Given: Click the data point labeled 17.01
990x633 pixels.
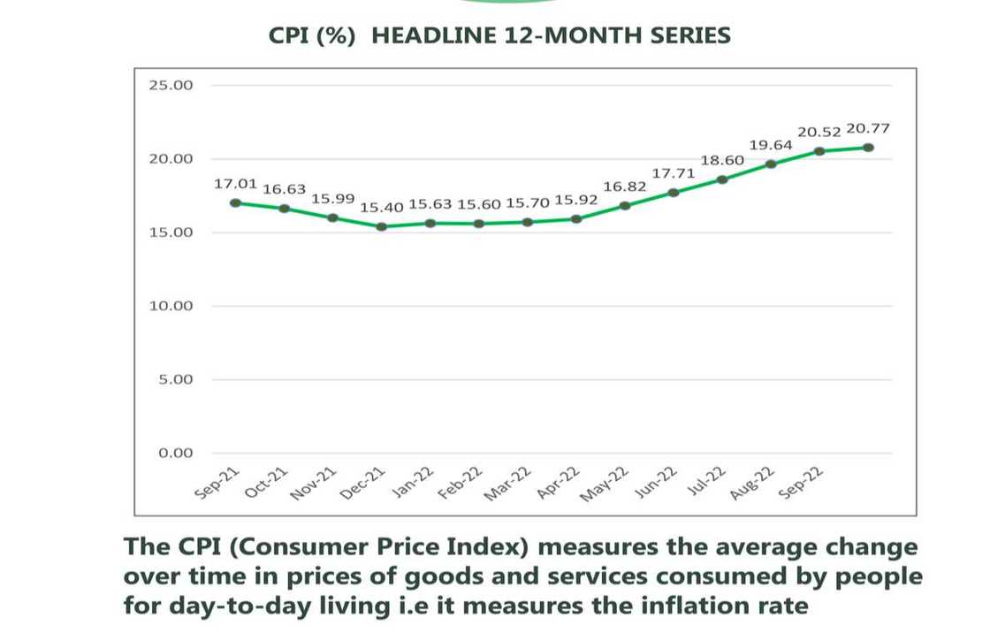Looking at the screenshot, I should click(x=236, y=202).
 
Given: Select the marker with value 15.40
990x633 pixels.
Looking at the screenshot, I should click(x=382, y=226).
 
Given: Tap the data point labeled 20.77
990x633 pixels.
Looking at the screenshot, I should click(x=869, y=148).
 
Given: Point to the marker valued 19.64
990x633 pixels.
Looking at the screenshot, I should click(x=772, y=164).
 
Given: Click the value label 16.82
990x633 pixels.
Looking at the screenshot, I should click(x=624, y=187).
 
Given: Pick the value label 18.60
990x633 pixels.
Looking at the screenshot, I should click(x=722, y=161).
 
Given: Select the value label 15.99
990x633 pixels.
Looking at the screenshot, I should click(x=333, y=199).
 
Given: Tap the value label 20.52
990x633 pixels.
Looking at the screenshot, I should click(x=819, y=133).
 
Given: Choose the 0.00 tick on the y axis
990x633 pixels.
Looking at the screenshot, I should click(x=177, y=453).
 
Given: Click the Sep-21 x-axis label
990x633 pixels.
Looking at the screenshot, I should click(x=217, y=484).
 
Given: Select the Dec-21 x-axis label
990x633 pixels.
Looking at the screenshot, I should click(x=363, y=484).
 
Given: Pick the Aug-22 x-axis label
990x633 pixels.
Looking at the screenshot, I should click(x=752, y=484).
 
